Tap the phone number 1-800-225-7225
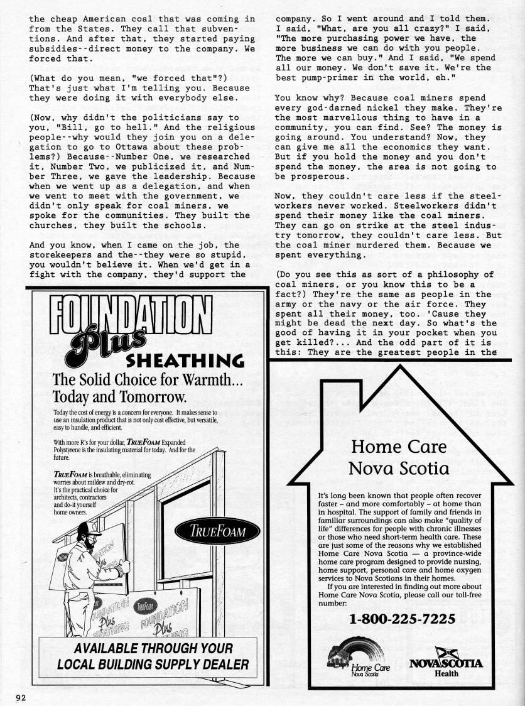coord(402,619)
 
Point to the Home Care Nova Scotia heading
coord(399,458)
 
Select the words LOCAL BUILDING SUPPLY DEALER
coord(153,664)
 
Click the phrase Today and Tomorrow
coord(119,397)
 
